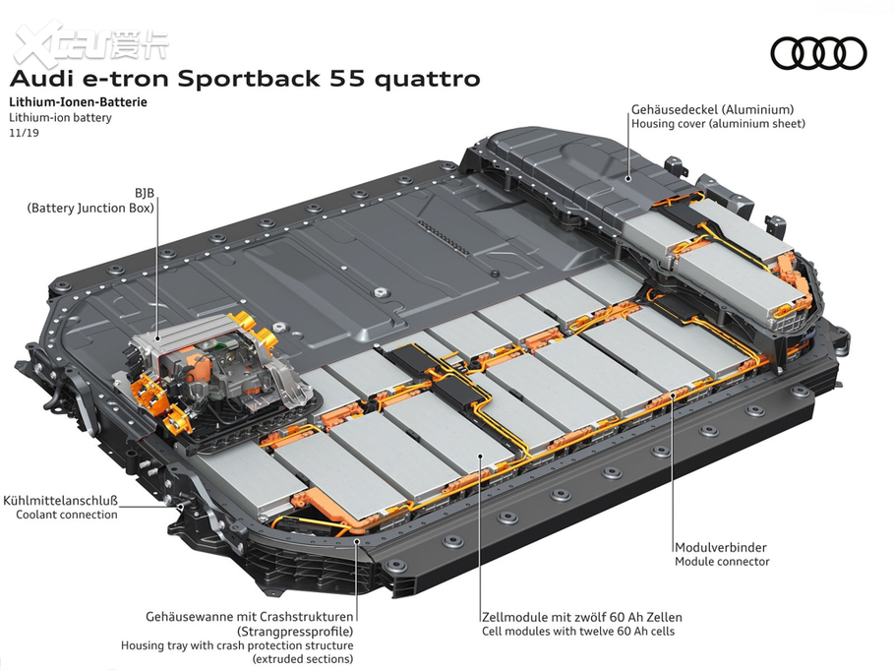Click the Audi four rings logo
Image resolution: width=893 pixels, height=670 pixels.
(x=818, y=53)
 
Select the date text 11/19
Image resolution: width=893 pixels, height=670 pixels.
(x=24, y=133)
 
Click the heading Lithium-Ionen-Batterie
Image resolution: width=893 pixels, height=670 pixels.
(x=78, y=102)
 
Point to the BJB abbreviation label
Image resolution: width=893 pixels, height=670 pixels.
(x=145, y=193)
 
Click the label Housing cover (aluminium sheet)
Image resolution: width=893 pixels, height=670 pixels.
(x=718, y=124)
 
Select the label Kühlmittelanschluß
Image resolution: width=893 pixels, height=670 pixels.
(x=60, y=501)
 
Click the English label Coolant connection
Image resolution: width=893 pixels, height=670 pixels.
(x=67, y=515)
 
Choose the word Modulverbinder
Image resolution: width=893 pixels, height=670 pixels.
(x=721, y=547)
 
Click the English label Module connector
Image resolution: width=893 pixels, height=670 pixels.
(x=722, y=562)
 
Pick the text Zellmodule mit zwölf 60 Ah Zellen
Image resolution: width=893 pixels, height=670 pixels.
(x=581, y=617)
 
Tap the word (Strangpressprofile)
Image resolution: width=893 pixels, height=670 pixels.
(x=295, y=632)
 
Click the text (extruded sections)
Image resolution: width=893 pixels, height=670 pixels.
(x=303, y=659)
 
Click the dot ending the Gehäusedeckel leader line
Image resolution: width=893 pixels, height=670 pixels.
(x=628, y=178)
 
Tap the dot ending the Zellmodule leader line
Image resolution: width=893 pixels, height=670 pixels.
(x=481, y=456)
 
